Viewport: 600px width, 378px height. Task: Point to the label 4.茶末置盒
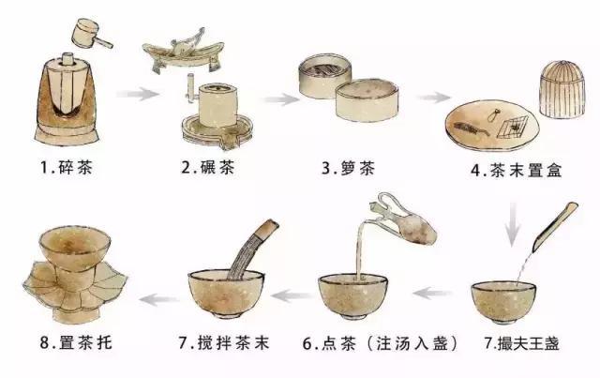[x=504, y=170]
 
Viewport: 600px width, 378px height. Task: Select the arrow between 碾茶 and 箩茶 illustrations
[x=278, y=98]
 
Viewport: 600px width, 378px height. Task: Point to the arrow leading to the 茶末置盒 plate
[x=432, y=98]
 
